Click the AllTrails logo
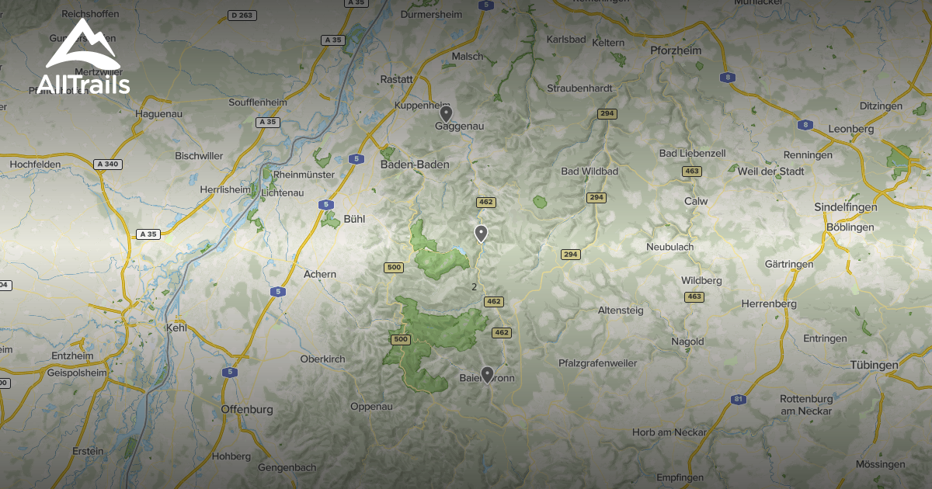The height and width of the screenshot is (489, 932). point(82,58)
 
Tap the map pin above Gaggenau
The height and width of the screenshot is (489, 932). point(446,113)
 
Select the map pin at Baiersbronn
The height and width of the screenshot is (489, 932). point(487,374)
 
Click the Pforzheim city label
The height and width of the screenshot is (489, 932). point(675,50)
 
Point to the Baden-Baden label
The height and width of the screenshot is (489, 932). point(415,165)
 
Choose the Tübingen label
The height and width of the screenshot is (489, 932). point(873,365)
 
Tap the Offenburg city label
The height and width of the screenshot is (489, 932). point(247,409)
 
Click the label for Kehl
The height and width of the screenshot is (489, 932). point(177,328)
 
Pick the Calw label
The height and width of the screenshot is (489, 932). point(696,201)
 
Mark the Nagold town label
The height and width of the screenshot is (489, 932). point(687,342)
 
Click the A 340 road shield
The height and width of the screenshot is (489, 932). point(108,164)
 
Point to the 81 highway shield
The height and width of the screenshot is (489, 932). point(739,400)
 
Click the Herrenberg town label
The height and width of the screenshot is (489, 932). point(769,304)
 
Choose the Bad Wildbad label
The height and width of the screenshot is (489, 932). point(589,171)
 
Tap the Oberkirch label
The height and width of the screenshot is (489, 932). point(322,359)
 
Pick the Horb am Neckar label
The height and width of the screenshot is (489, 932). point(669,432)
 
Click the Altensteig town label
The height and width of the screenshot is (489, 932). point(621,310)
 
